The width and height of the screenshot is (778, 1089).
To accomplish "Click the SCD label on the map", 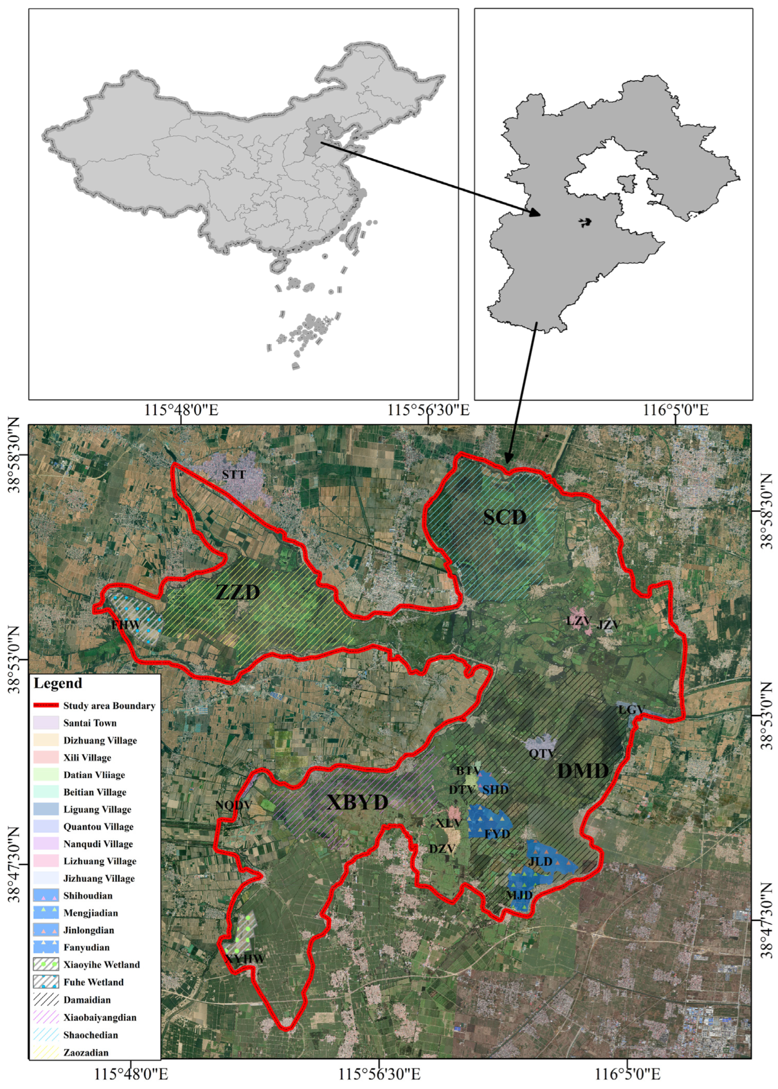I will point(505,517).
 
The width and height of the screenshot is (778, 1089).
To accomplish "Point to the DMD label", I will point(583,771).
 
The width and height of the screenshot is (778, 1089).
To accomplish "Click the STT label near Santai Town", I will point(234,475).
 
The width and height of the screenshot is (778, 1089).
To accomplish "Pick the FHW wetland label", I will point(126,625).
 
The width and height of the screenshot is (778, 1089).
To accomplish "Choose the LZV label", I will point(578,621).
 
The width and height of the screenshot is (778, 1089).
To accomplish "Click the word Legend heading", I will point(57,683).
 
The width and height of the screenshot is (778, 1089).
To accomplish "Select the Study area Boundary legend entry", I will point(109,705).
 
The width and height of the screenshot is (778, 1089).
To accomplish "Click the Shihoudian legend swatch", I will point(46,896).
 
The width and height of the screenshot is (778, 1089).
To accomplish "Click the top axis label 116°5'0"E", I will point(676,410).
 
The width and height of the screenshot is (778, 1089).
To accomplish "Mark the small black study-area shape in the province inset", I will point(585,222).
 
